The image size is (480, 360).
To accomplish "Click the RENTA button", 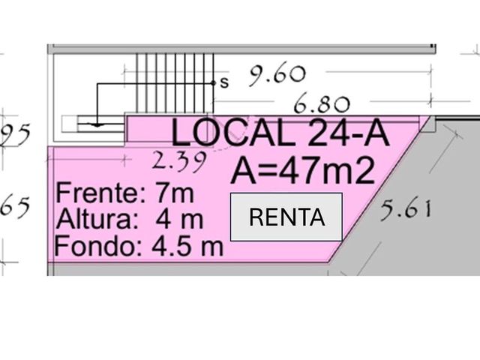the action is [x=286, y=217].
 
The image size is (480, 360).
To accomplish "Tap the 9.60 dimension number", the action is [x=277, y=75].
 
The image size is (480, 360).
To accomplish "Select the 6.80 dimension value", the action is [x=322, y=103].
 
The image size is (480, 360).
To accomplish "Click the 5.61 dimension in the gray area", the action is [x=406, y=210].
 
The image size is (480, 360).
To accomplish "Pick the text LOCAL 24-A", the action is [x=280, y=133].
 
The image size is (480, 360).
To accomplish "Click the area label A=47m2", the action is [x=303, y=169].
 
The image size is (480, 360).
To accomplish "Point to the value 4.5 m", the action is [x=187, y=246].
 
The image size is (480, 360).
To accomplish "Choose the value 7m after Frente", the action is [x=175, y=193].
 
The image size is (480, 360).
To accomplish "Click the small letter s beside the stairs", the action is [x=224, y=82].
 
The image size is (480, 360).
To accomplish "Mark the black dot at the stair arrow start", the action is [x=214, y=83].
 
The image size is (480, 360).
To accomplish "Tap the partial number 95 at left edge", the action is [x=15, y=133].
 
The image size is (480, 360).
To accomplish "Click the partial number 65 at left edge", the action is [x=15, y=207].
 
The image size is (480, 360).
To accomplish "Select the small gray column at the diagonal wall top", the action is [x=429, y=124].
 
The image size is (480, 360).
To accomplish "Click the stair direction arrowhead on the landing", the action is [x=97, y=124].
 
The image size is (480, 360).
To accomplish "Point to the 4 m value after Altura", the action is [x=179, y=219].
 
